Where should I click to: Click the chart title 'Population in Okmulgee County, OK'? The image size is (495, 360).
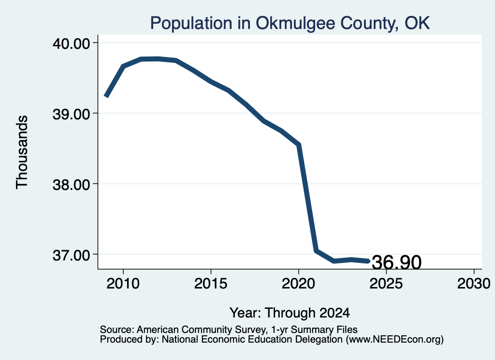[290, 23]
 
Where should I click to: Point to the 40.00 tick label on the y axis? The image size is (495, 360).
[72, 43]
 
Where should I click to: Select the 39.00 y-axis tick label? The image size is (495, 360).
[72, 114]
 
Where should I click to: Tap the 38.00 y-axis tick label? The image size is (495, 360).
[72, 185]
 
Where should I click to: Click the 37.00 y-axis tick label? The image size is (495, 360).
[72, 255]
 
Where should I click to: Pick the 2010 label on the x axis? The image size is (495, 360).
[123, 284]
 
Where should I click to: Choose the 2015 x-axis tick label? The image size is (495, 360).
[211, 284]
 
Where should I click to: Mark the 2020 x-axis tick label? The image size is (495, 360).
[298, 284]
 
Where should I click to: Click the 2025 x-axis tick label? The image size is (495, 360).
[386, 284]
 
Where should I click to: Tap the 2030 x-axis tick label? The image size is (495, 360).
[474, 284]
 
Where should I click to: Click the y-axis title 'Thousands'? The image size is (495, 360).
[22, 152]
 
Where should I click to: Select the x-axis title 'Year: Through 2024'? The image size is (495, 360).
[290, 313]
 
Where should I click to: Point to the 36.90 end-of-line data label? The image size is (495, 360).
[396, 262]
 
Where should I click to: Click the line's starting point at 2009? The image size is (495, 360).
[106, 96]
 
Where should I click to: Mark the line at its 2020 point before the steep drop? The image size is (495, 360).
[298, 144]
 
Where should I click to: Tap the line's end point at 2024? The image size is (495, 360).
[368, 261]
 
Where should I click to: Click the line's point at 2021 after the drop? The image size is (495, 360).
[316, 250]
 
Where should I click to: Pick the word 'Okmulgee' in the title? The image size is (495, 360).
[295, 24]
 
